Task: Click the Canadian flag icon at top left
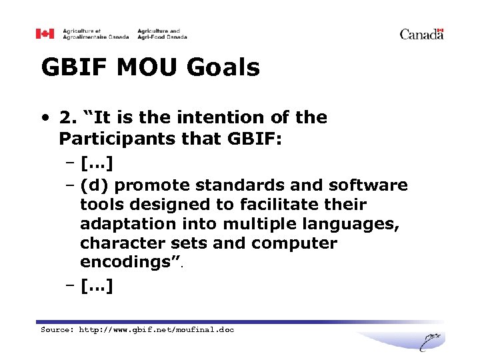point(45,33)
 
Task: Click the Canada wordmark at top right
point(421,34)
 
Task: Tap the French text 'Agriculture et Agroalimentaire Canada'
point(96,33)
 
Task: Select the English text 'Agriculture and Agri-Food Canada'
point(162,33)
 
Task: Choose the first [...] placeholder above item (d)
point(96,163)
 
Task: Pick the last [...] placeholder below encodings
point(96,287)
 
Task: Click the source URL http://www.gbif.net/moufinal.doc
point(157,329)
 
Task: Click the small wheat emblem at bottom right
point(431,341)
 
